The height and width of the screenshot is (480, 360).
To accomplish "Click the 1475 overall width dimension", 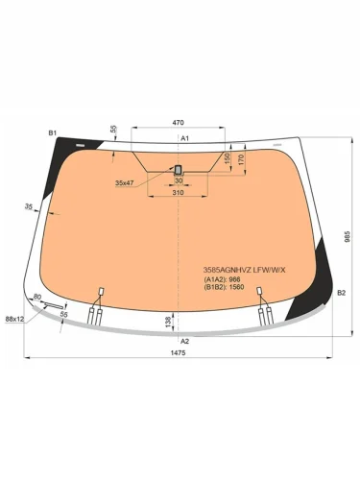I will (x=180, y=352).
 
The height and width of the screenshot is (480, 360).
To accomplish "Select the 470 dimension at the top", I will (x=179, y=123).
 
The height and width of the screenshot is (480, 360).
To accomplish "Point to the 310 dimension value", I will (x=179, y=193).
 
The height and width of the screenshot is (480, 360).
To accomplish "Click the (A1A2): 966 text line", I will (x=223, y=279).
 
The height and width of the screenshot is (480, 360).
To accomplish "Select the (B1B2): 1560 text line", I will (x=225, y=287).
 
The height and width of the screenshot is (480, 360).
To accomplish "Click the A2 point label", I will (x=184, y=341).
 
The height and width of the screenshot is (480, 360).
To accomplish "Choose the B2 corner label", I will (x=341, y=278).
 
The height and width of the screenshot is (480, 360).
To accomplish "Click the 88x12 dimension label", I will (x=14, y=318).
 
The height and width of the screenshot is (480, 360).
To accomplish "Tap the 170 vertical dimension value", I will (x=240, y=157).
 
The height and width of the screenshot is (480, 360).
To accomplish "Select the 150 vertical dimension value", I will (x=227, y=158).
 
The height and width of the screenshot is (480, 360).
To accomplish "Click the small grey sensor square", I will (x=179, y=170).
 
